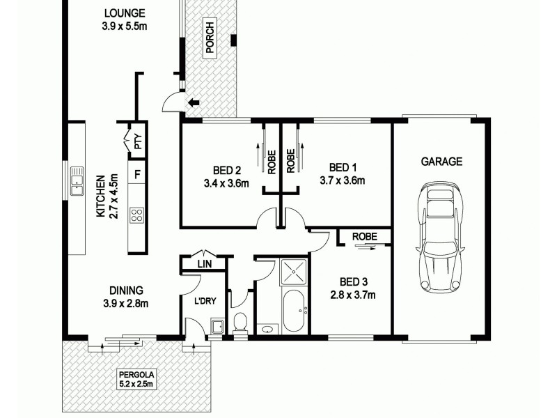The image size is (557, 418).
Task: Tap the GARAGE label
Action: [441, 162]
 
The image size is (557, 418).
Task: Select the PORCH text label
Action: [209, 38]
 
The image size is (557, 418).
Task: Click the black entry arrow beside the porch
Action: [193, 103]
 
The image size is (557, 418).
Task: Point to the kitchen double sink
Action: [77, 181]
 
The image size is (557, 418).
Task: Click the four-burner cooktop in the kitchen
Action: [137, 215]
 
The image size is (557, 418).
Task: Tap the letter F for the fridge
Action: [138, 173]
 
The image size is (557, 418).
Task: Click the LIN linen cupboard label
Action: [203, 264]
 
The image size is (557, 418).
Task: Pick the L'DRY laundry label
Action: [203, 301]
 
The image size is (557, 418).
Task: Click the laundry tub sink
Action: [217, 326]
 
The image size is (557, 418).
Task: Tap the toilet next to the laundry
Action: [240, 323]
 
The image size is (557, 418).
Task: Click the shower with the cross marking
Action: [293, 271]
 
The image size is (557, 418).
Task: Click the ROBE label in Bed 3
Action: [364, 237]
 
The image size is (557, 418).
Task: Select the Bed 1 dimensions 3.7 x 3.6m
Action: [342, 180]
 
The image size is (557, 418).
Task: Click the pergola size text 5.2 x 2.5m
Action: [136, 382]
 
